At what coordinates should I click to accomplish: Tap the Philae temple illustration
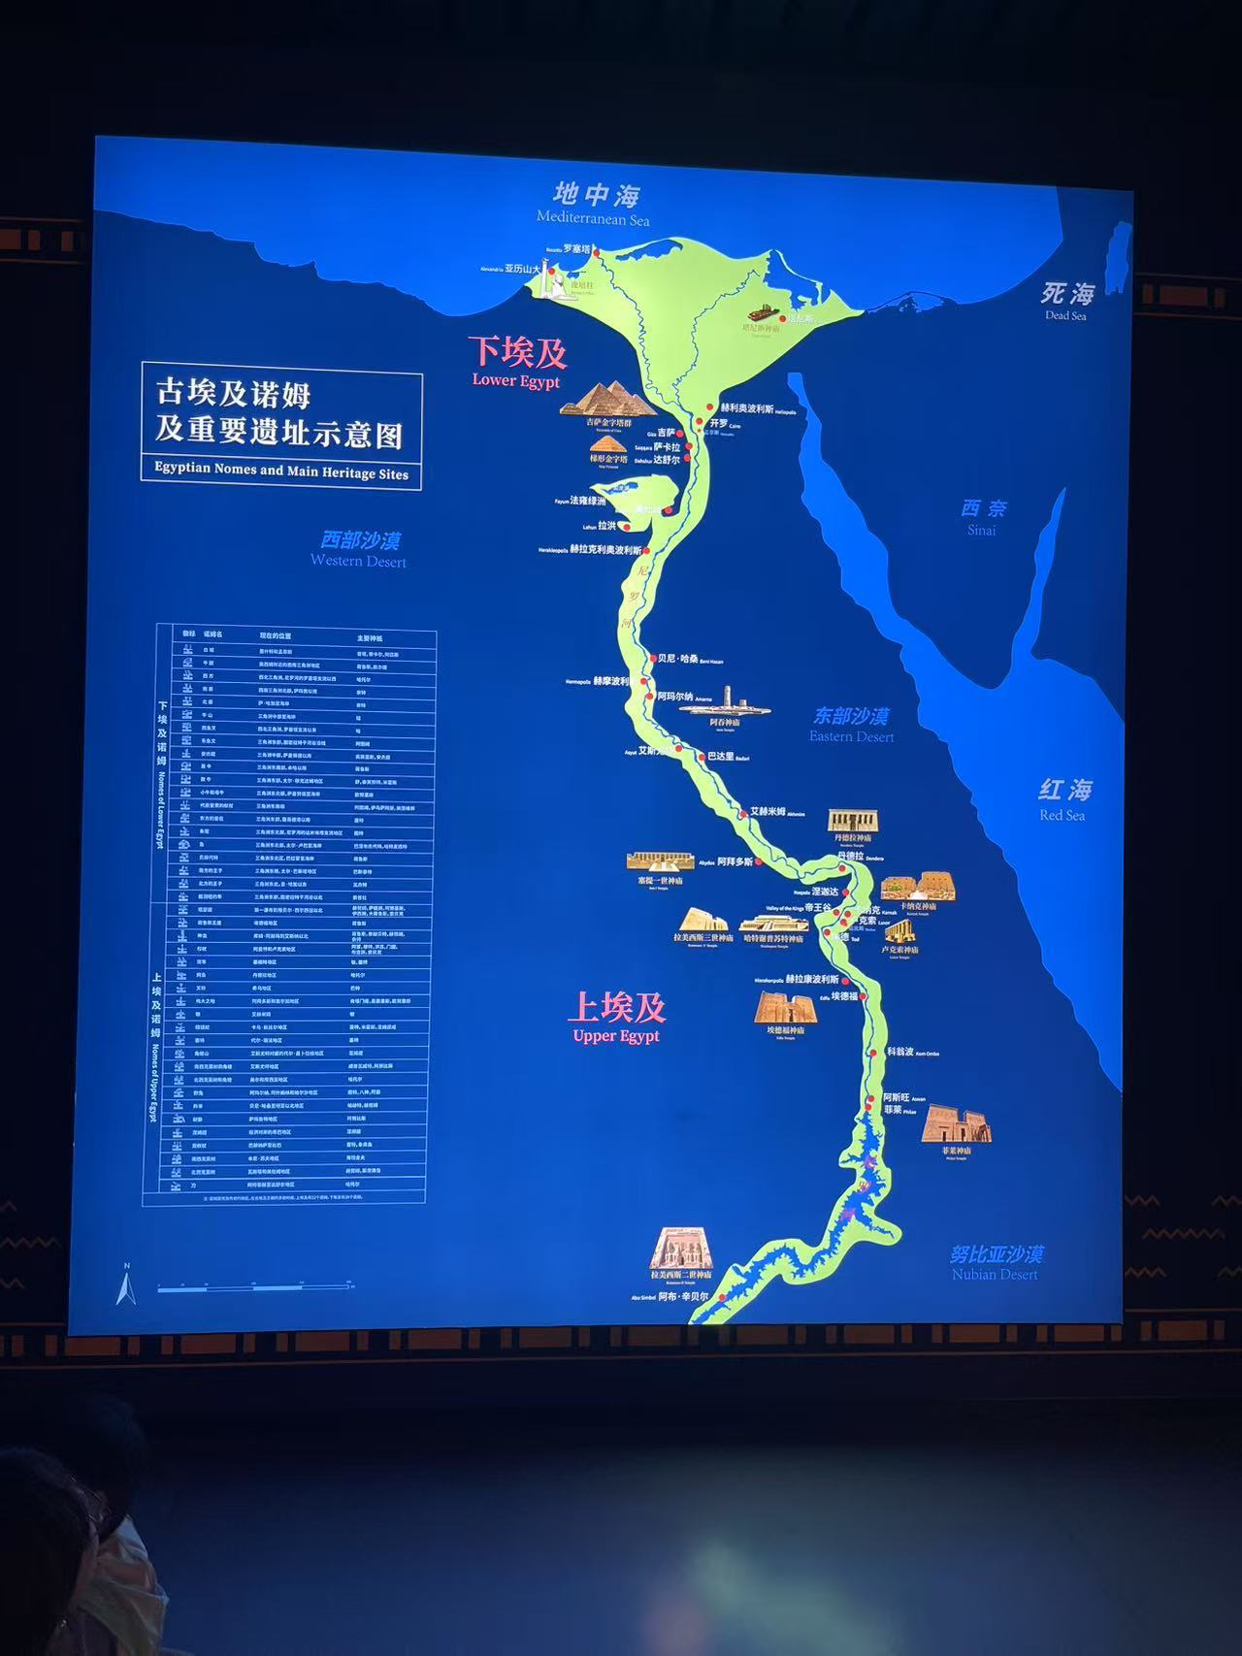coord(956,1125)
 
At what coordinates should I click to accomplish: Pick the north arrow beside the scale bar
coord(124,1287)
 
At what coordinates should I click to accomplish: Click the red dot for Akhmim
coord(743,812)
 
